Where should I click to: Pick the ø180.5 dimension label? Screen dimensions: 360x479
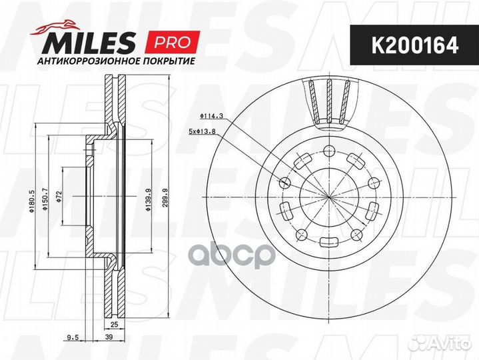(x=32, y=198)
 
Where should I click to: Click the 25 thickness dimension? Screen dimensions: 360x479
(x=113, y=325)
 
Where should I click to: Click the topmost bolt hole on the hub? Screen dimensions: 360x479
(x=328, y=150)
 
